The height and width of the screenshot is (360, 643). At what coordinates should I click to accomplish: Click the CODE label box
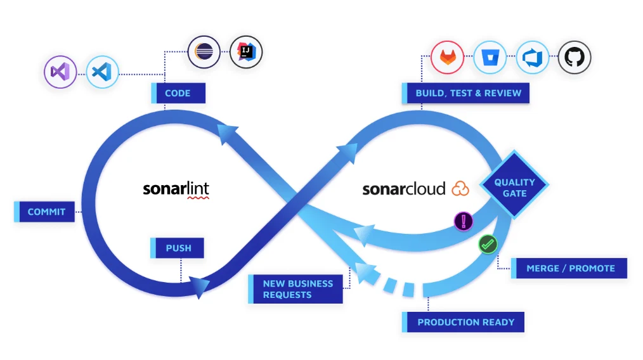tap(178, 93)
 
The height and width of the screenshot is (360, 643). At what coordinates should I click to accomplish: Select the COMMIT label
tap(45, 212)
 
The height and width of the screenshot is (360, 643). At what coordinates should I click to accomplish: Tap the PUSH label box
tap(178, 248)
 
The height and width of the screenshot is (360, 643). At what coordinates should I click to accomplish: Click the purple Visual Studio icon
tap(60, 72)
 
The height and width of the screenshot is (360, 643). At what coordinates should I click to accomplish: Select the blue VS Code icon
tap(102, 72)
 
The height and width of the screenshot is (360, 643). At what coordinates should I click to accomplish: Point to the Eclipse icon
tap(204, 51)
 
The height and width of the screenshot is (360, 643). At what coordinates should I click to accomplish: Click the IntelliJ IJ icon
tap(245, 51)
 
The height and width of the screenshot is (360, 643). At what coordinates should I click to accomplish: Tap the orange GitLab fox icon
tap(448, 58)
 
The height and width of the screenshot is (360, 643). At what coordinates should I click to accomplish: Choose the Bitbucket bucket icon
tap(490, 58)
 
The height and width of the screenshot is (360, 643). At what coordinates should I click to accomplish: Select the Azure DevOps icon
tap(532, 58)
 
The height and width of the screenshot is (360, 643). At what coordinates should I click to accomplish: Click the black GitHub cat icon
tap(574, 58)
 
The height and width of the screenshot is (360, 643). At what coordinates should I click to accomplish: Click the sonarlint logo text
tap(176, 189)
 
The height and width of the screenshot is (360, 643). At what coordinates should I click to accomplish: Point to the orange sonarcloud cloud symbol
tap(460, 188)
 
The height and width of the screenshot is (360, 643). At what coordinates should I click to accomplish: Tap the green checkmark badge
tap(487, 243)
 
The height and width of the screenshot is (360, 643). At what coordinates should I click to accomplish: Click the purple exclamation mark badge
tap(464, 221)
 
